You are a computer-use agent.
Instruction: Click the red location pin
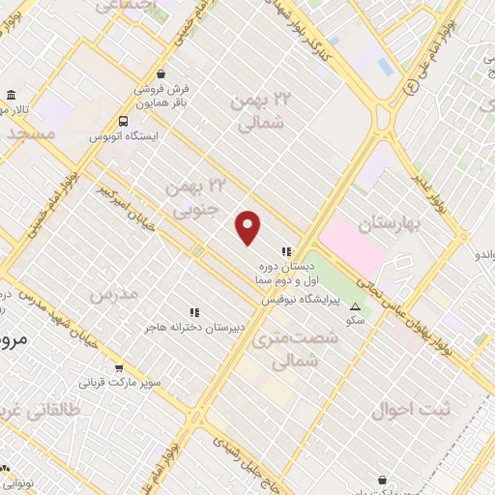(248, 227)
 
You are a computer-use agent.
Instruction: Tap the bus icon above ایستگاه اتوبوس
(123, 121)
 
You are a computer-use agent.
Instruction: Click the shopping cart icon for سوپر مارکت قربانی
(119, 368)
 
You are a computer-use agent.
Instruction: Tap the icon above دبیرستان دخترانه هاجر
(194, 312)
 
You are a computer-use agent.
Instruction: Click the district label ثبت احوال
(411, 409)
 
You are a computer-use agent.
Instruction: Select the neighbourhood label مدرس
(114, 292)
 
